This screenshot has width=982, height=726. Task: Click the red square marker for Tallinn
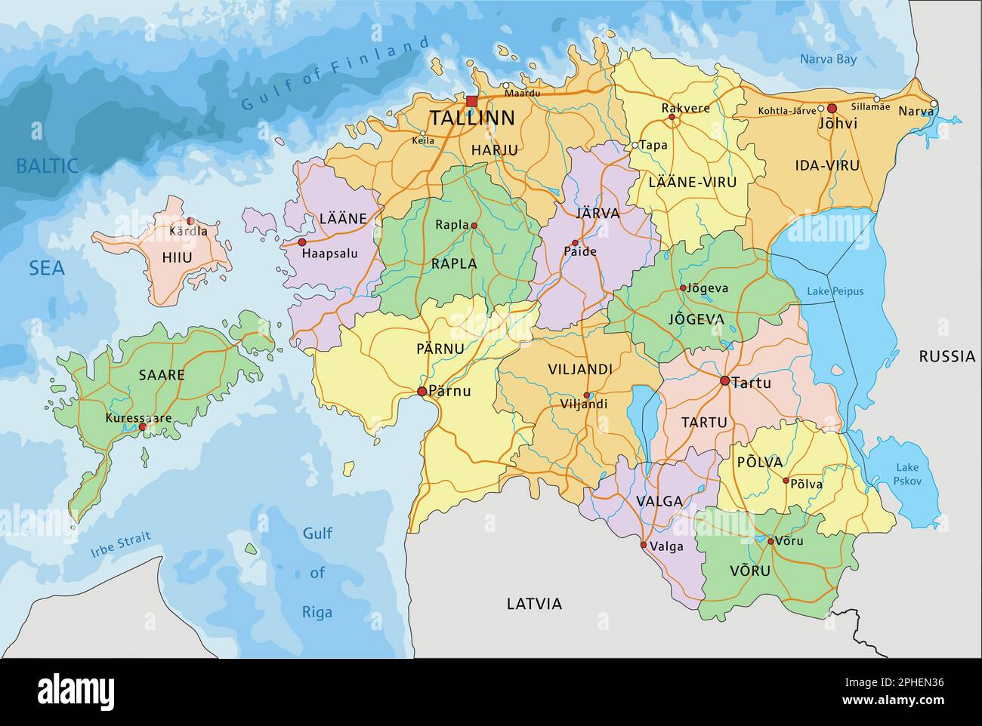click(472, 101)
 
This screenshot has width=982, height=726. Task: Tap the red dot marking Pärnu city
click(422, 391)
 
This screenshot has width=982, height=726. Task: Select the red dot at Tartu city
click(724, 381)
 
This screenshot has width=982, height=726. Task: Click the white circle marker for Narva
click(934, 104)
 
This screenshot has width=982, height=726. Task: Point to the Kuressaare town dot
click(142, 427)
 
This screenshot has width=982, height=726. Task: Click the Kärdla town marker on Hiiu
click(190, 221)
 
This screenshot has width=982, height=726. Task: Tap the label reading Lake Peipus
click(834, 291)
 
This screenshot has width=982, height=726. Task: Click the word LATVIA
click(534, 604)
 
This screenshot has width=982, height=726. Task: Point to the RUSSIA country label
click(946, 356)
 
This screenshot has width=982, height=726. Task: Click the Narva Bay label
click(828, 59)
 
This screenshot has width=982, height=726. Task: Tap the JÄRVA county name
click(598, 214)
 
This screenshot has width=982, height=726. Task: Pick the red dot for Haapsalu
click(302, 242)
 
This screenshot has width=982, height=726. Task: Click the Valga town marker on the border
click(644, 545)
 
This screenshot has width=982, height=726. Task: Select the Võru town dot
click(770, 541)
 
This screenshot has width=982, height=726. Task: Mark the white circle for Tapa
click(635, 145)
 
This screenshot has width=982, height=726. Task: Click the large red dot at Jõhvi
click(832, 109)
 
